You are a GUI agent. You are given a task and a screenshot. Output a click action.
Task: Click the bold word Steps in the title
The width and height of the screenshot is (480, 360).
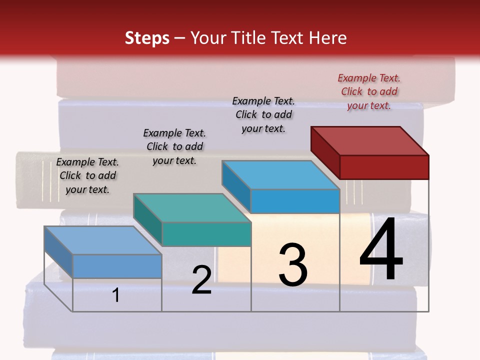pos(147,38)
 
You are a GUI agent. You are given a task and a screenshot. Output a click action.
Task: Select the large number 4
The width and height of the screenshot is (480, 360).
pos(381,250)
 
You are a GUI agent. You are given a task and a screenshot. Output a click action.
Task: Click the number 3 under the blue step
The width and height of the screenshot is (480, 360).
pos(293,265)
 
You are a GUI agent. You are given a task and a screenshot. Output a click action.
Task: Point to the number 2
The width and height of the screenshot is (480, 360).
pos(201,280)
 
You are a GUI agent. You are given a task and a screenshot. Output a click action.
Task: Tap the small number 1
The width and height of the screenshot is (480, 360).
pos(116,295)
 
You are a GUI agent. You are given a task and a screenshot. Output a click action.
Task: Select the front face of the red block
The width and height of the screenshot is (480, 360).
pos(384,167)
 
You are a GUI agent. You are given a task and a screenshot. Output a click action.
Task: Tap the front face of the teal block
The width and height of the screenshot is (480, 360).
pos(206,234)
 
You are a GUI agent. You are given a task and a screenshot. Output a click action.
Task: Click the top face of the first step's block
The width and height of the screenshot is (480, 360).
pos(103,240)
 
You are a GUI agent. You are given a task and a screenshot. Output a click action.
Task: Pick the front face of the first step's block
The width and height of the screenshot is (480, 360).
pos(117,266)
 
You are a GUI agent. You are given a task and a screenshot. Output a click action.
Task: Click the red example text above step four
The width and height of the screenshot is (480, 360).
pos(369,91)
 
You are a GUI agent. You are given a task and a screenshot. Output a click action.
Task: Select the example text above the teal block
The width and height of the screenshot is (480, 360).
pos(174,146)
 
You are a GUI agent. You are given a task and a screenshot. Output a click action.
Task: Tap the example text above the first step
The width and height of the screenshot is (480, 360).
pos(87,175)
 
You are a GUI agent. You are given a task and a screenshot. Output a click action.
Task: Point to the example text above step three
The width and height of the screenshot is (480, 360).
pos(263,114)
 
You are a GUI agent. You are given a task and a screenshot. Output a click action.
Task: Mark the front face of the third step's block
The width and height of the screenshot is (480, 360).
pos(295,201)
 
